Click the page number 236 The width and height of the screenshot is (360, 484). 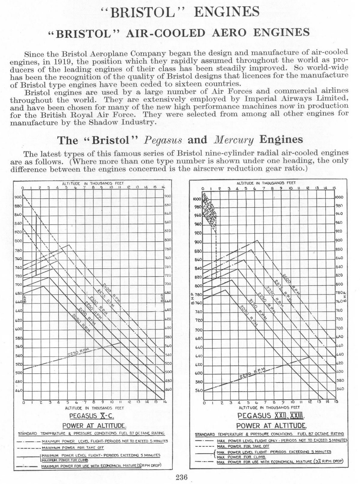[182, 477]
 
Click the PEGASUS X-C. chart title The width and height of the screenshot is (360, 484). [92, 416]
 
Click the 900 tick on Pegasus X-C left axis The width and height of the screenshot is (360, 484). [18, 197]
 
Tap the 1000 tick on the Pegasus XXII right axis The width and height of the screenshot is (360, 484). [339, 197]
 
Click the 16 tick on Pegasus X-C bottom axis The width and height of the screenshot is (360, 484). [163, 402]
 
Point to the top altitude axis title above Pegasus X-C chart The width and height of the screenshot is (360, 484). [93, 183]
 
